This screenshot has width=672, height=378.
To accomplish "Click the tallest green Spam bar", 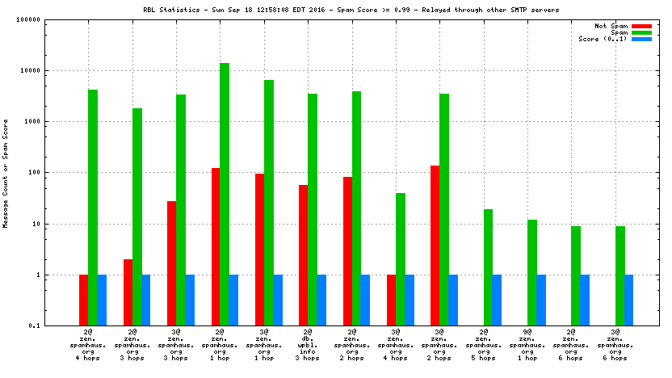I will [225, 194].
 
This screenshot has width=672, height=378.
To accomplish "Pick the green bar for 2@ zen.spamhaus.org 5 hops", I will [488, 267].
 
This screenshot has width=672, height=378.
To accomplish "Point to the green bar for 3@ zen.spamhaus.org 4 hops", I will [400, 258].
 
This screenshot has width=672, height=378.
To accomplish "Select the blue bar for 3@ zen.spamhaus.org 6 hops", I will [628, 300].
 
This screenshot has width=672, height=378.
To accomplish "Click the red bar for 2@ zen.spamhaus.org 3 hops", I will [128, 292].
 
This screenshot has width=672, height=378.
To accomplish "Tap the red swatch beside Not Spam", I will [641, 26].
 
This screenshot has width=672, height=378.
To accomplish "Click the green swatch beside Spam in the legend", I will [641, 32].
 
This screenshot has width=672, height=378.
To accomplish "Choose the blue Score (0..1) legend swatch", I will [641, 39].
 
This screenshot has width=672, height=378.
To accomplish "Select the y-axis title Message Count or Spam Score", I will [6, 172].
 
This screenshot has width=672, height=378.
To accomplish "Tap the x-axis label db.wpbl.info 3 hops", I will [308, 346].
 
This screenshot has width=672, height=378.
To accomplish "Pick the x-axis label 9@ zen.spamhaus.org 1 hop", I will [527, 346].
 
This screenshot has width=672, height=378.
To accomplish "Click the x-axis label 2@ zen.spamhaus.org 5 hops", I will [484, 346].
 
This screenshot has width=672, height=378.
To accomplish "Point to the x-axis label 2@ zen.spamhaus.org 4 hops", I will [88, 346].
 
